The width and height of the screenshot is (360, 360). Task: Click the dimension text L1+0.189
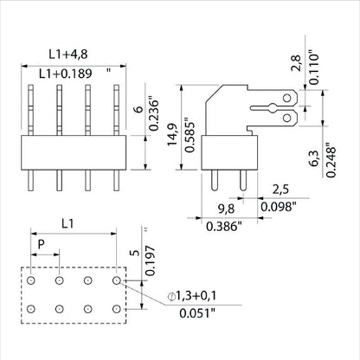pyautogui.click(x=66, y=74)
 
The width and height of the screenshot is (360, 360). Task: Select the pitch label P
pyautogui.click(x=41, y=246)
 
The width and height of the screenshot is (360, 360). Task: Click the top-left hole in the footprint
pyautogui.click(x=31, y=280)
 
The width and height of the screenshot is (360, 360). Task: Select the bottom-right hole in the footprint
pyautogui.click(x=117, y=308)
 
